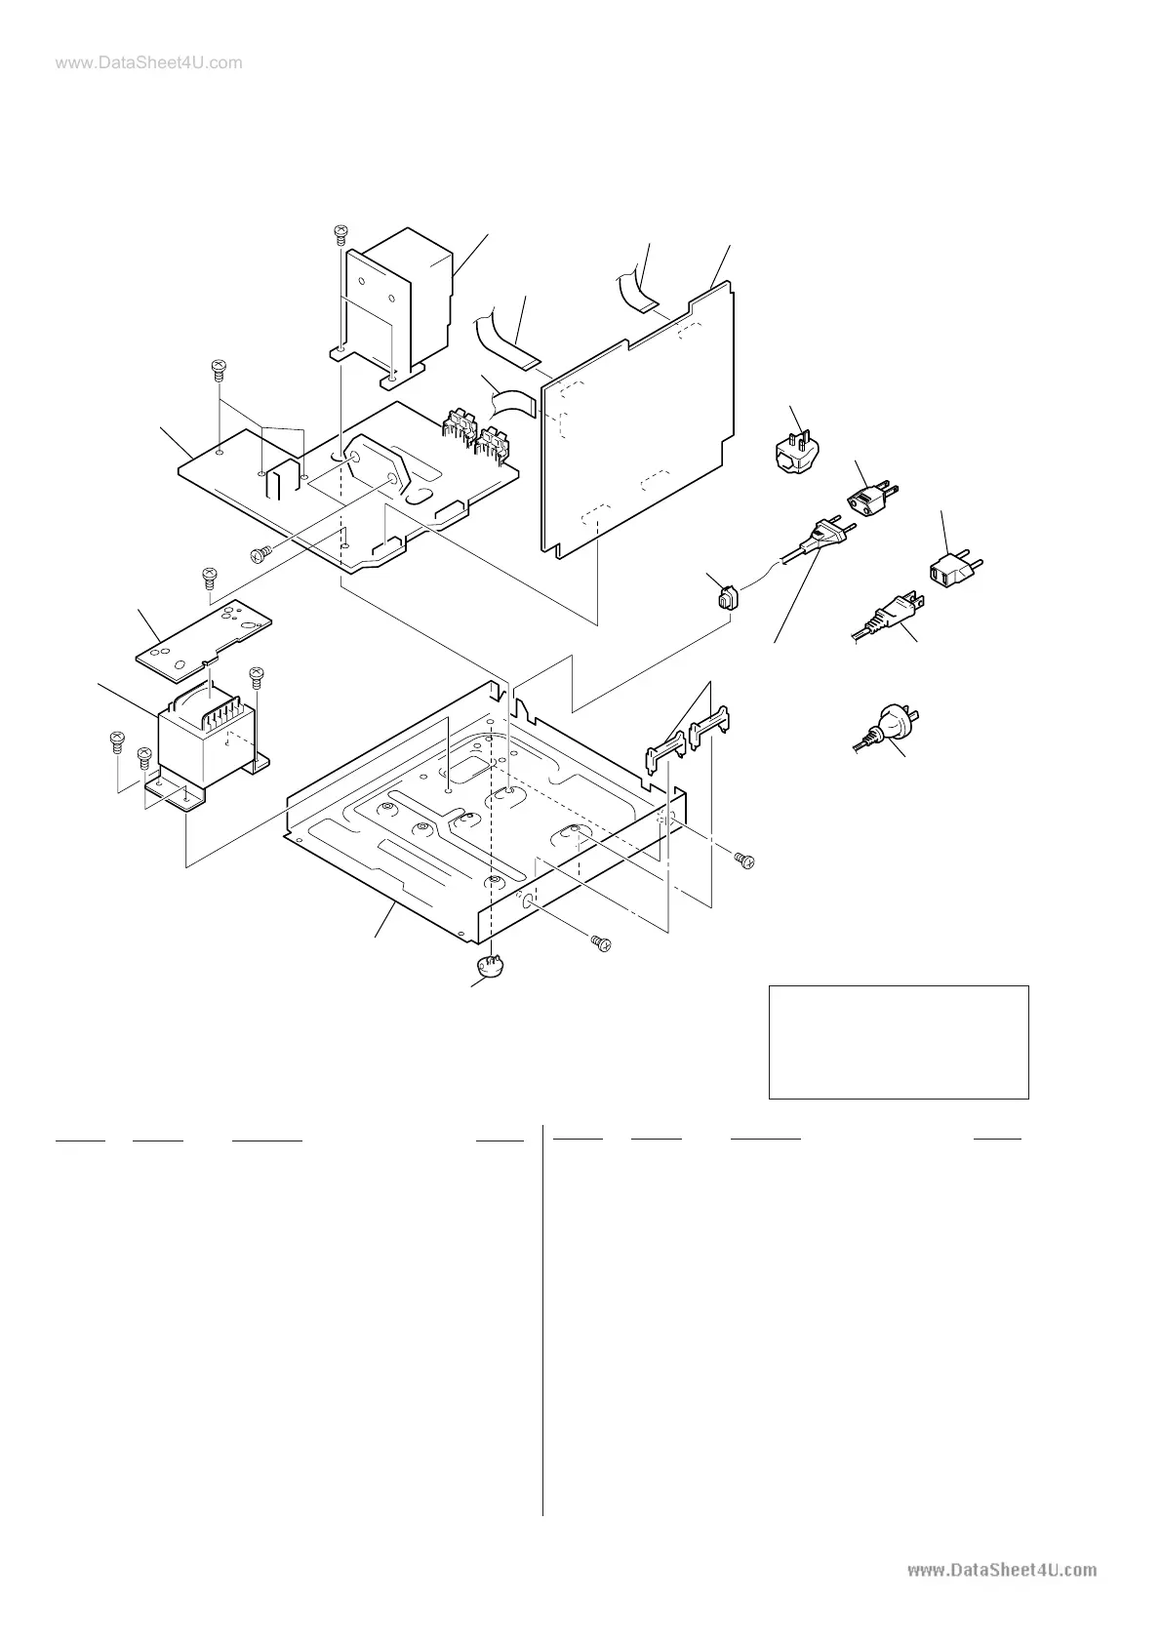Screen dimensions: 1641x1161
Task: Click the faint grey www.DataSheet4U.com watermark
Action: pyautogui.click(x=137, y=63)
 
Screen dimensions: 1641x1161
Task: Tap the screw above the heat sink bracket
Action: pyautogui.click(x=340, y=234)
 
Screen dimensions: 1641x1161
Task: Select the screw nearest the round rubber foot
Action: pyautogui.click(x=601, y=942)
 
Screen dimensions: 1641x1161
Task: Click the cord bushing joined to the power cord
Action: pyautogui.click(x=725, y=597)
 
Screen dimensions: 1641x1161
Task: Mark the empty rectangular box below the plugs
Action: pyautogui.click(x=899, y=1042)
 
